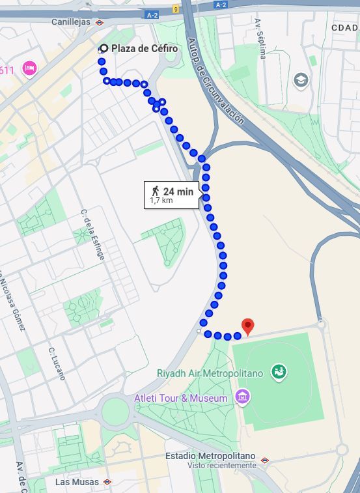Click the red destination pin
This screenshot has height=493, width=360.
[x=247, y=326]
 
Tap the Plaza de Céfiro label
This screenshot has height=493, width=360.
[x=144, y=49]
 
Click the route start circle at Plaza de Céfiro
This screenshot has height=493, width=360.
[x=103, y=49]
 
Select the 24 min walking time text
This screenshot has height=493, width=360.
[x=178, y=191]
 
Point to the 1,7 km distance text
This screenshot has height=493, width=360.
[x=161, y=201]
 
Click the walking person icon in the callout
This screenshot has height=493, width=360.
[x=155, y=191]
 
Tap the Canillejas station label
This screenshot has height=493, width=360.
[x=72, y=22]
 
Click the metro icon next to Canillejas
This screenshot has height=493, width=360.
[x=100, y=22]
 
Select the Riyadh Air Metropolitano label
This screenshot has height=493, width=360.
[x=210, y=374]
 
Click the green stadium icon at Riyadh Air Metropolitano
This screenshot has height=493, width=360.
[x=279, y=372]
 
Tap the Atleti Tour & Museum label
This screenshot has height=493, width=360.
[x=181, y=398]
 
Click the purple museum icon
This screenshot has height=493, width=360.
[x=242, y=396]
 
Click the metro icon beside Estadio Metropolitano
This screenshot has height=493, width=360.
[x=265, y=460]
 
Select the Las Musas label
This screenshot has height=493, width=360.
[x=77, y=482]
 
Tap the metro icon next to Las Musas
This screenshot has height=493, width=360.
[x=107, y=482]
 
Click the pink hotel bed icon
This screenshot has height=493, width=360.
[x=29, y=68]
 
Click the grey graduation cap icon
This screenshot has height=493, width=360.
[x=301, y=80]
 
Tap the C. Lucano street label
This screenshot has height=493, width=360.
[x=57, y=363]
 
